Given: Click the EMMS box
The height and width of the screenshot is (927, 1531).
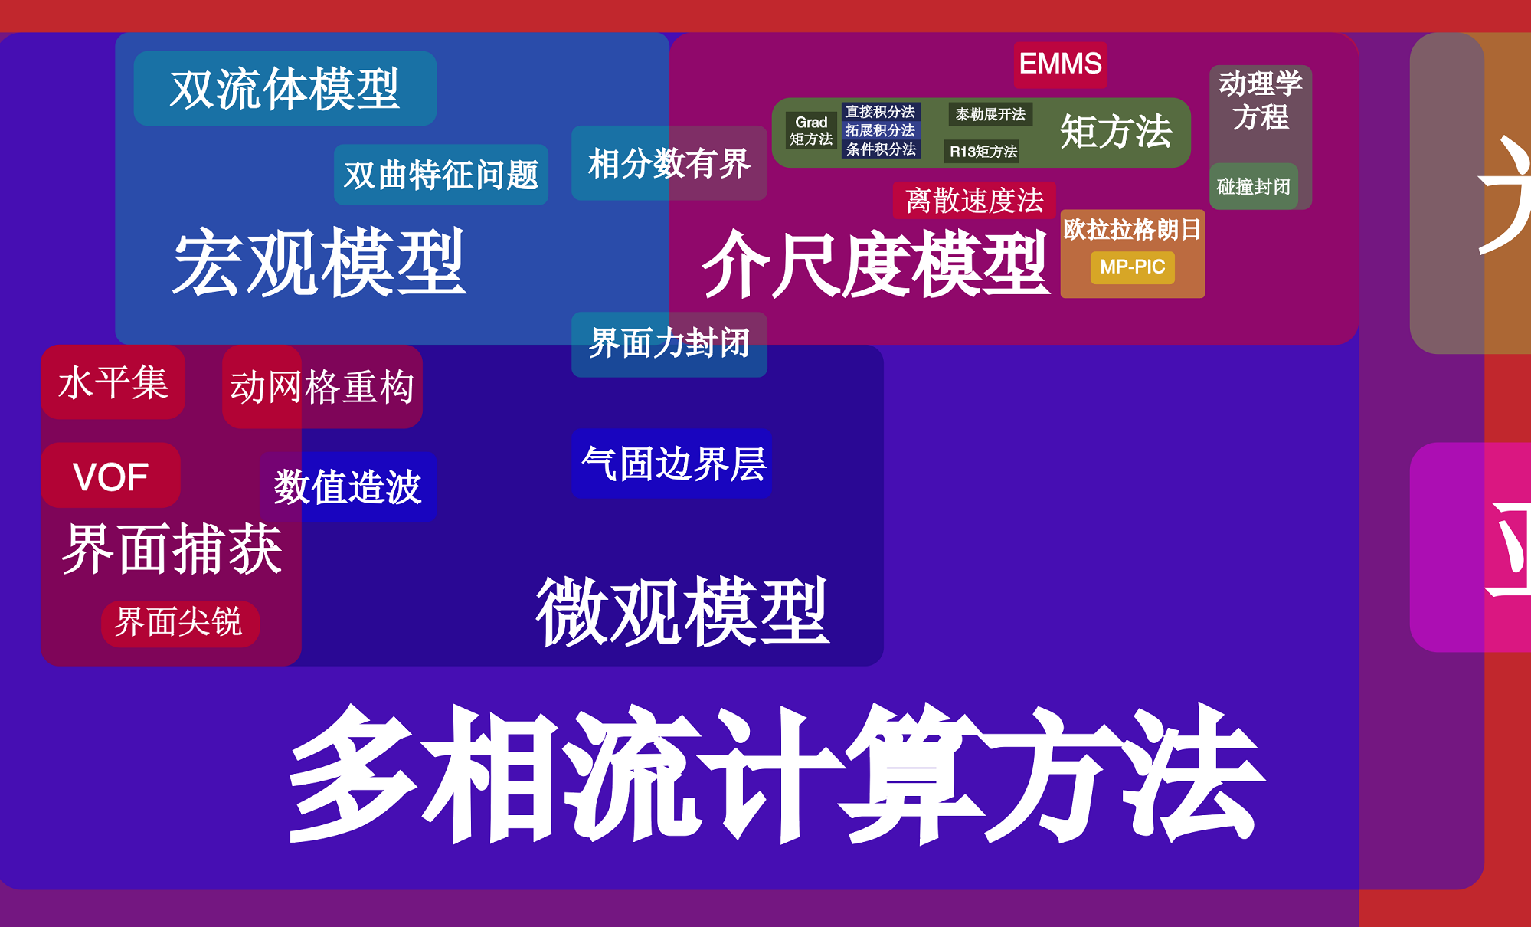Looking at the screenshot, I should click(x=1060, y=64).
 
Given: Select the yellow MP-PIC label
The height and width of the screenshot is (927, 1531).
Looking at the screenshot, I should click(x=1132, y=267).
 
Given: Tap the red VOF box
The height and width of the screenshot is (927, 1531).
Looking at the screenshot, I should click(x=110, y=476).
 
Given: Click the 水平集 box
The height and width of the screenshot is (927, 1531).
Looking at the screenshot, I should click(x=113, y=382).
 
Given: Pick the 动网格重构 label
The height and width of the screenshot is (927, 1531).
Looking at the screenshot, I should click(x=322, y=386).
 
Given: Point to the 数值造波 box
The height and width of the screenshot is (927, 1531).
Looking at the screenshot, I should click(x=348, y=487).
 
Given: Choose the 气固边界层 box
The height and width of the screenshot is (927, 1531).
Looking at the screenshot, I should click(x=672, y=463).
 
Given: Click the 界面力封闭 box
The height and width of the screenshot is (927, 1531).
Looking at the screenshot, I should click(x=669, y=344).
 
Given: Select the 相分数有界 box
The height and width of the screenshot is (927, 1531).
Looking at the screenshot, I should click(x=669, y=163).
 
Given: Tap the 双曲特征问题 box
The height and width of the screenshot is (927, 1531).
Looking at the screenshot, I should click(x=440, y=175).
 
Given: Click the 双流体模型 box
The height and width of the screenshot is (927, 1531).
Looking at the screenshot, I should click(x=284, y=89).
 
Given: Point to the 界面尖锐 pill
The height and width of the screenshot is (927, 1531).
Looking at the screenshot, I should click(x=179, y=621).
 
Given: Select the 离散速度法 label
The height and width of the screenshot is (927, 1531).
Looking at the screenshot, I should click(x=973, y=201).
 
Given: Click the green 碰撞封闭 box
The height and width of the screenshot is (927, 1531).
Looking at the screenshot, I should click(x=1253, y=186).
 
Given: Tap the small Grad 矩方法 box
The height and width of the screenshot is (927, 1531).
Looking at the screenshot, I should click(x=811, y=130).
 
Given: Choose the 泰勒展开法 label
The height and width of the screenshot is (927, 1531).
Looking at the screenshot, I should click(x=990, y=114).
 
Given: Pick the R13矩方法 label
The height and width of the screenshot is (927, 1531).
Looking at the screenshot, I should click(x=983, y=151).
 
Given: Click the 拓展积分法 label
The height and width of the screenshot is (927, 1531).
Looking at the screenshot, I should click(x=880, y=130).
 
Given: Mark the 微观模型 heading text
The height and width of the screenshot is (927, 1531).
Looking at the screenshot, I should click(x=682, y=611).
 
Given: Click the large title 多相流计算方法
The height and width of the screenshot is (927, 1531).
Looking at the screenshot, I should click(x=774, y=774).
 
